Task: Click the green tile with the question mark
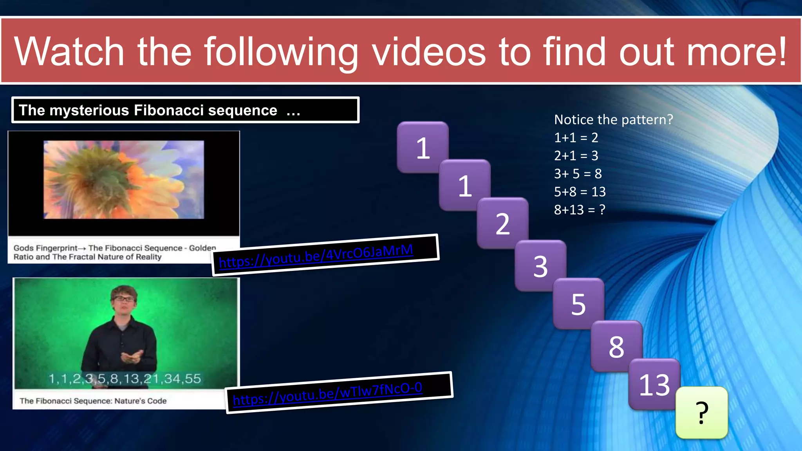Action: point(702,413)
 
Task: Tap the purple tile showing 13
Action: point(654,384)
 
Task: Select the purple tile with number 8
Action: point(616,346)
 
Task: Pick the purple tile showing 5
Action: point(578,304)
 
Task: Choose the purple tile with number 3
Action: point(540,266)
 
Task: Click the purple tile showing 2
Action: point(502,224)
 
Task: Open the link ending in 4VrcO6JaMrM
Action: point(316,256)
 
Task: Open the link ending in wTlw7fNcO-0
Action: point(327,393)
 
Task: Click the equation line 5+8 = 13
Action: point(580,192)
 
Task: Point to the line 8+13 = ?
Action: point(579,210)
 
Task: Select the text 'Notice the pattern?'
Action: point(613,120)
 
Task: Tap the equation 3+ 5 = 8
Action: point(578,174)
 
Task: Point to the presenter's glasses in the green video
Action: point(124,299)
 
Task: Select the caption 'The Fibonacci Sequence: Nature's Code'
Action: point(93,401)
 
